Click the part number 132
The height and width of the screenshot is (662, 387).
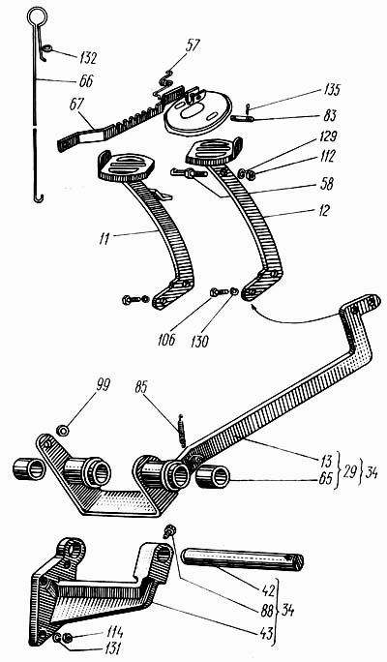click(88, 58)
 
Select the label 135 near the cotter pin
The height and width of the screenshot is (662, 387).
click(331, 90)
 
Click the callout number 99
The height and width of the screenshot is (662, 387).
click(103, 385)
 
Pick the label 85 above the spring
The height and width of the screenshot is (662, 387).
click(142, 387)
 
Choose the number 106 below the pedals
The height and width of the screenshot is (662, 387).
click(166, 340)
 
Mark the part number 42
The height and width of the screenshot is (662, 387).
click(268, 589)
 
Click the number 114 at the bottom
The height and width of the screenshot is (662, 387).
click(114, 632)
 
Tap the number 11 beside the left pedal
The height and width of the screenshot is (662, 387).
click(104, 238)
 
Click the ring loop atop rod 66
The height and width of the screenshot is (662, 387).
click(37, 16)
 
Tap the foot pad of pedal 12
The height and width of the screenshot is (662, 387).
click(215, 152)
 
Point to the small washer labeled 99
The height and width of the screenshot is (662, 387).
click(64, 431)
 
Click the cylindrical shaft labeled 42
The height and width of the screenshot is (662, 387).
click(243, 559)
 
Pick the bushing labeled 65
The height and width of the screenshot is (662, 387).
click(212, 478)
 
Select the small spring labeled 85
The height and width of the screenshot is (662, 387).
click(182, 431)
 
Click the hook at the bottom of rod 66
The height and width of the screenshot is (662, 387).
click(39, 197)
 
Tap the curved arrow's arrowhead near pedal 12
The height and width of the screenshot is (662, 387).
click(253, 309)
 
